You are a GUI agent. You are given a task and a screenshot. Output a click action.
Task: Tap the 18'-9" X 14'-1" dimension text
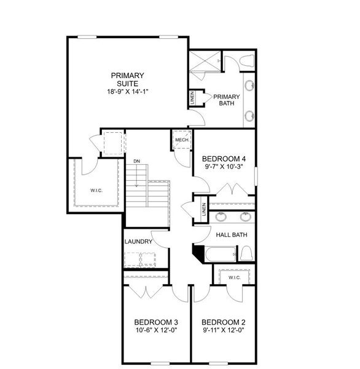[x=127, y=91]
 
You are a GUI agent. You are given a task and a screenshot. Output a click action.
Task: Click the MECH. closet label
[x=181, y=140]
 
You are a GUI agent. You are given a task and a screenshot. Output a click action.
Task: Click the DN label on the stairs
[x=137, y=161]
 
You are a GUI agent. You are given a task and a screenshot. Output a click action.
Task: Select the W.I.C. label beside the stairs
[x=96, y=190]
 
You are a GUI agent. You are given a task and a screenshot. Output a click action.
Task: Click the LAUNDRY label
[x=138, y=242]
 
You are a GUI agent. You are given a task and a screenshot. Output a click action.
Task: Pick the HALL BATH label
[x=231, y=234]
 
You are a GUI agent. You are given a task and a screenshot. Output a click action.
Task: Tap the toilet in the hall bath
[x=246, y=253]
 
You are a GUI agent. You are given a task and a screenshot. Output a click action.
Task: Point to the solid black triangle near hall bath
[x=198, y=252]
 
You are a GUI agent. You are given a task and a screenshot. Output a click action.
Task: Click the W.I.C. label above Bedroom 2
[x=234, y=277]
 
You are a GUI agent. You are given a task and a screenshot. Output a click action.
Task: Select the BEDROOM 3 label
[x=157, y=322]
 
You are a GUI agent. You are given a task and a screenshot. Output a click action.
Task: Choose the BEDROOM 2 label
[x=224, y=322]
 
